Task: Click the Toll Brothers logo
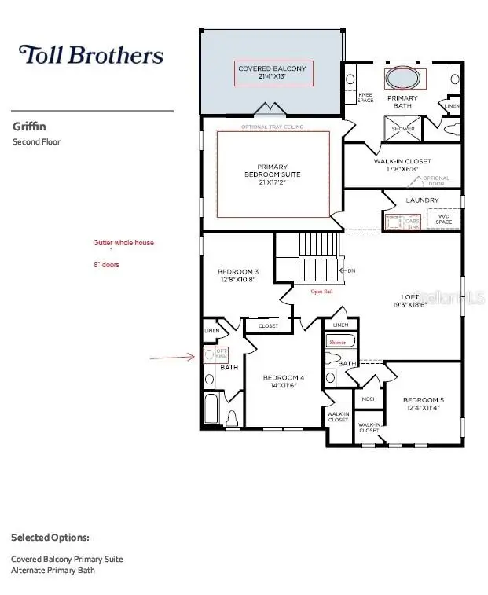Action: pyautogui.click(x=91, y=54)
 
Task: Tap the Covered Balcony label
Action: pyautogui.click(x=272, y=74)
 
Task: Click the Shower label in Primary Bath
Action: pyautogui.click(x=403, y=129)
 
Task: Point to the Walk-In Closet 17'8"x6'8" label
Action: pyautogui.click(x=402, y=166)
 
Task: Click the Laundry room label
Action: pyautogui.click(x=422, y=200)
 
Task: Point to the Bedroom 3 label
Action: pyautogui.click(x=238, y=276)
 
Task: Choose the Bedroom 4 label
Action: pyautogui.click(x=283, y=382)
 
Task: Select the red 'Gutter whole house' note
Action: pyautogui.click(x=123, y=244)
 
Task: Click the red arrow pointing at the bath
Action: pyautogui.click(x=172, y=357)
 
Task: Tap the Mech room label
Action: pyautogui.click(x=369, y=399)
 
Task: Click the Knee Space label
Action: pyautogui.click(x=365, y=97)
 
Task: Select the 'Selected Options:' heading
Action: pyautogui.click(x=50, y=538)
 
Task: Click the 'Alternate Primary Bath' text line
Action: pyautogui.click(x=53, y=570)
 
